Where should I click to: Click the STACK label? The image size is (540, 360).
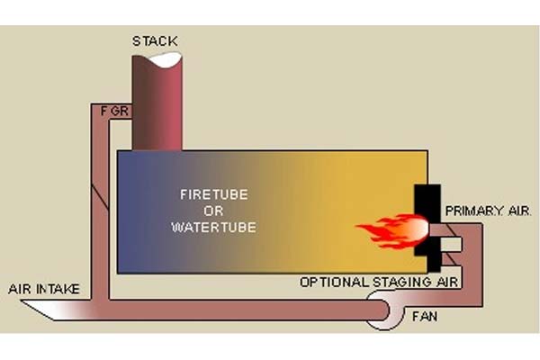[x=155, y=40]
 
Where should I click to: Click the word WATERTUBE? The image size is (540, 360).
[x=213, y=227]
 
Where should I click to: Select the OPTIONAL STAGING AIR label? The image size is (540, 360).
[x=379, y=283]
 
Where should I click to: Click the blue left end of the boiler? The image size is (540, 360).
[x=135, y=211]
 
